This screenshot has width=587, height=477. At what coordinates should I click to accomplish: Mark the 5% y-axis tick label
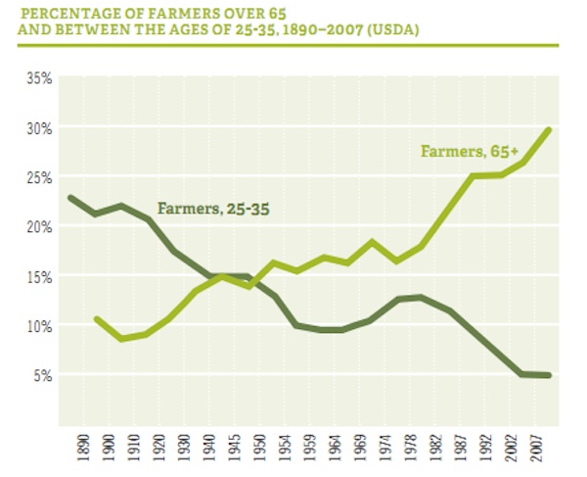coord(41,374)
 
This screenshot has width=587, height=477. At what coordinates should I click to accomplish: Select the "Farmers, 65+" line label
coord(465,152)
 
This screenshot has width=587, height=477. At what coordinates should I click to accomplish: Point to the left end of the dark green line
coord(71,198)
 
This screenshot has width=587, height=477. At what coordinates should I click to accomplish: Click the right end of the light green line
coord(550,128)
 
